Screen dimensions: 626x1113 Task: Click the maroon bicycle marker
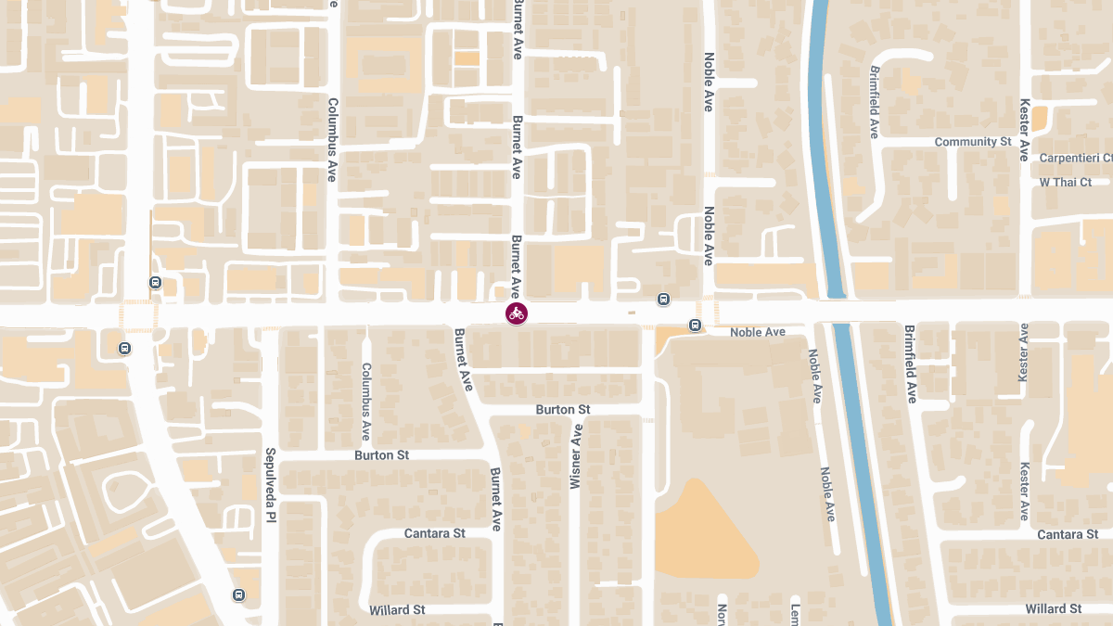tap(517, 313)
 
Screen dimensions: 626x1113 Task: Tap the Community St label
tap(972, 142)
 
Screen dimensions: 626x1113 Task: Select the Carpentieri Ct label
tap(1075, 159)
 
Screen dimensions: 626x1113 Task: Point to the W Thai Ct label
tap(1066, 182)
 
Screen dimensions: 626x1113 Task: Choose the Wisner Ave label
tap(576, 456)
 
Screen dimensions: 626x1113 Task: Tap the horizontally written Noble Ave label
tap(757, 332)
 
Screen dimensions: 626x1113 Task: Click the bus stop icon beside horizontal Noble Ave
tap(695, 326)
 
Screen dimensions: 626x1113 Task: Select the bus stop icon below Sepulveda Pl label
tap(239, 594)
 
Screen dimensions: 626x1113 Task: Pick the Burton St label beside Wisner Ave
tap(562, 409)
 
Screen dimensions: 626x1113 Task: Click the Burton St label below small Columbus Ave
tap(381, 455)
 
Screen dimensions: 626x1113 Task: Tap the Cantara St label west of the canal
tap(434, 533)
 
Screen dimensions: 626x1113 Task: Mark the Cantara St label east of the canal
tap(1068, 534)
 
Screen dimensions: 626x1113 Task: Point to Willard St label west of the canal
tap(397, 609)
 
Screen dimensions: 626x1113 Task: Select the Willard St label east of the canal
tap(1054, 608)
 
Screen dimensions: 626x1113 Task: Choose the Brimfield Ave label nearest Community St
tap(874, 102)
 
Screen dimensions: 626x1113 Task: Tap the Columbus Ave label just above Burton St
tap(365, 401)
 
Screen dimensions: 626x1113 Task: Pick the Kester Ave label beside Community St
tap(1024, 130)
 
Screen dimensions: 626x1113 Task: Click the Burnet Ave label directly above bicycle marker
tap(517, 266)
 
